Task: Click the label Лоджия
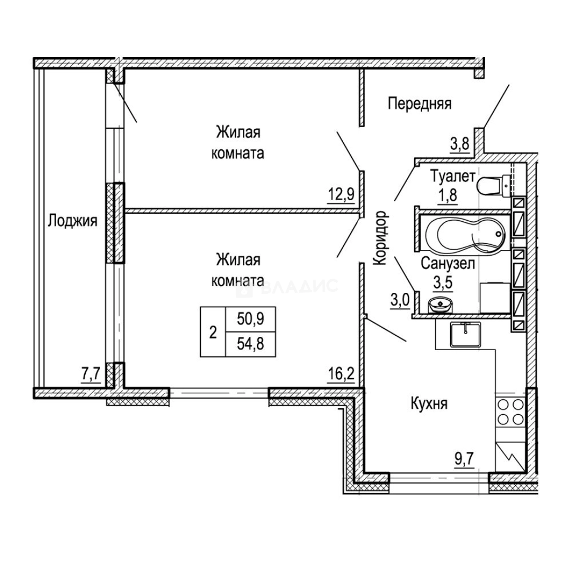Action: tap(73, 220)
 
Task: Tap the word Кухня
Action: tap(430, 404)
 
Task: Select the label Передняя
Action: tap(419, 104)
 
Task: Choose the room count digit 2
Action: tap(213, 332)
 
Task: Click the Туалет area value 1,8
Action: tap(446, 196)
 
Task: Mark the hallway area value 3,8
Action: tap(460, 144)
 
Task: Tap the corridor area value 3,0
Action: tap(400, 300)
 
